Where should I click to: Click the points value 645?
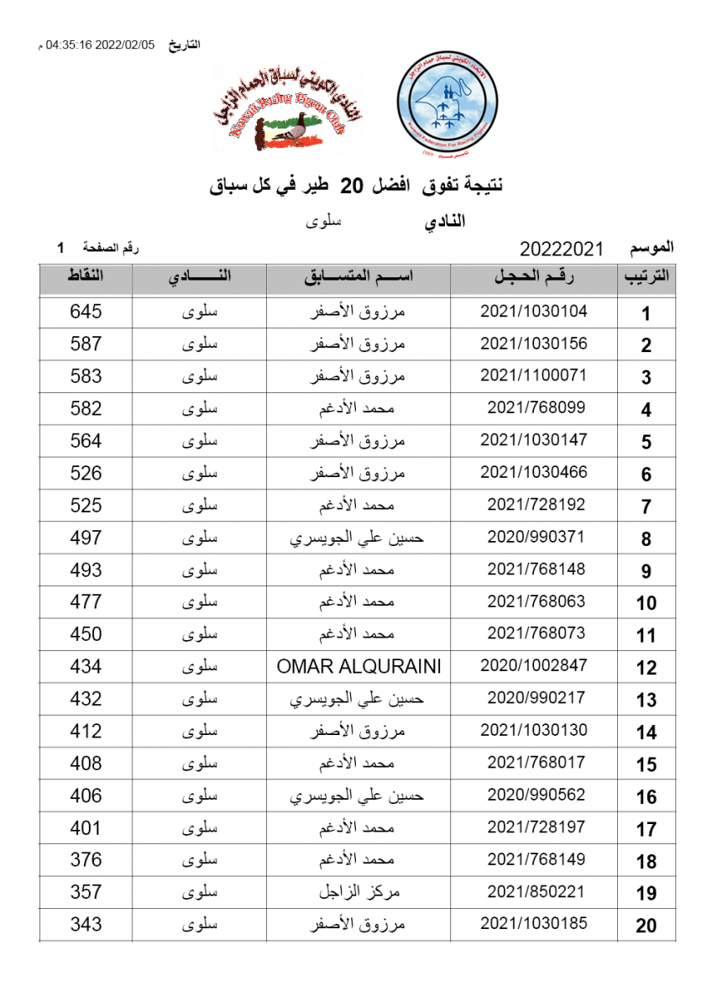pyautogui.click(x=86, y=312)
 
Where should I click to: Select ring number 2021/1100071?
pyautogui.click(x=533, y=375)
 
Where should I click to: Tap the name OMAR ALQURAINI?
pyautogui.click(x=359, y=666)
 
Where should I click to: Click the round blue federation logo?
pyautogui.click(x=451, y=106)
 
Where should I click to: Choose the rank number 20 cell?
pyautogui.click(x=646, y=926)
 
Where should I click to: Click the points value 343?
pyautogui.click(x=86, y=924)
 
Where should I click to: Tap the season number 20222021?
pyautogui.click(x=562, y=249)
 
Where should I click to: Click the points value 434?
pyautogui.click(x=86, y=666)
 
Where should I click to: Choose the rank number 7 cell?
pyautogui.click(x=646, y=507)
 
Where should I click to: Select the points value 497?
pyautogui.click(x=86, y=538)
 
